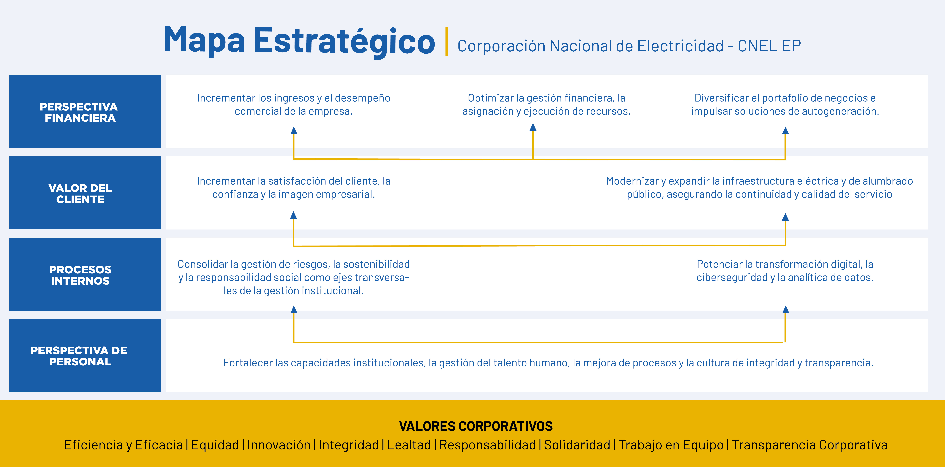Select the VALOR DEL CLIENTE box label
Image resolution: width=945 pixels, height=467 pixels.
coord(80,194)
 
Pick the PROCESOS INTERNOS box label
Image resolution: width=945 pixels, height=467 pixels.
coord(80,275)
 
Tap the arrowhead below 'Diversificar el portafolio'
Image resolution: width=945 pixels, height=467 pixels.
coord(785,131)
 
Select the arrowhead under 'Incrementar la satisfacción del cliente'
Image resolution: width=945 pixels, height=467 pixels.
coord(293,215)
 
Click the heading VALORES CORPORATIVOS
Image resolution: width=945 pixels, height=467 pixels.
coord(476,426)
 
